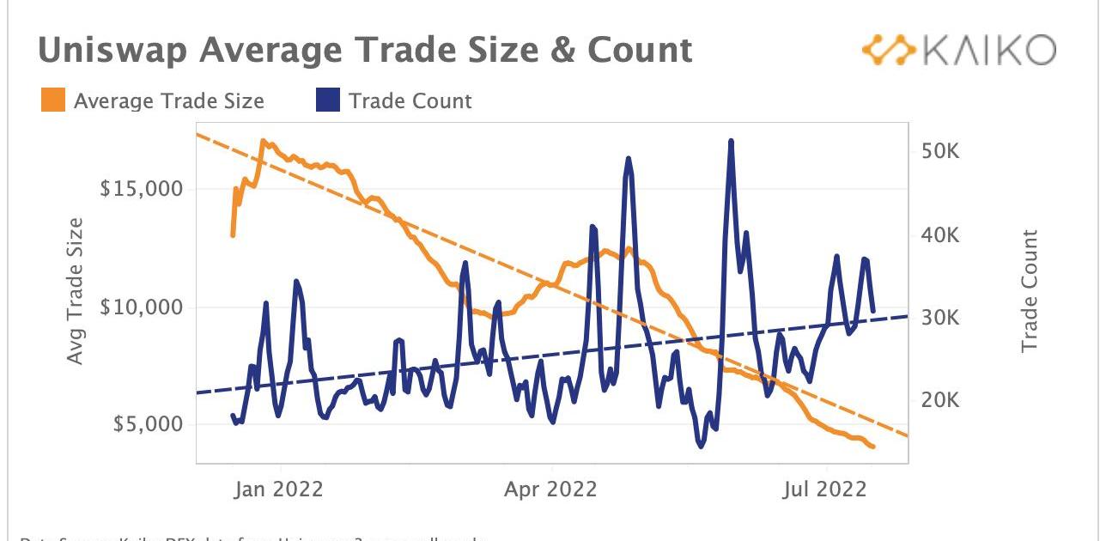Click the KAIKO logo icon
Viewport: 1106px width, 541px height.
pyautogui.click(x=889, y=51)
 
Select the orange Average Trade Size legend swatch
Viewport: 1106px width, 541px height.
pyautogui.click(x=52, y=100)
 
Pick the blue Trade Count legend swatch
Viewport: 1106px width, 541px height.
pyautogui.click(x=329, y=100)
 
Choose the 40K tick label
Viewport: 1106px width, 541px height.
pyautogui.click(x=940, y=234)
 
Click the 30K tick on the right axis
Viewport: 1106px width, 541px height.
pyautogui.click(x=940, y=318)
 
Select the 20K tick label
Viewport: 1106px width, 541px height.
pyautogui.click(x=940, y=401)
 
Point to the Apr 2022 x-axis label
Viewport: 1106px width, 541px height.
pyautogui.click(x=550, y=489)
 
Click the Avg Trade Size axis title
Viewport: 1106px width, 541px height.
pyautogui.click(x=76, y=290)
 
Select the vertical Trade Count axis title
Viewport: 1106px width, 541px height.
pyautogui.click(x=1030, y=290)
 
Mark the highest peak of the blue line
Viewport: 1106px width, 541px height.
pyautogui.click(x=731, y=141)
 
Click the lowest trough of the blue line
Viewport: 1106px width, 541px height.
pyautogui.click(x=701, y=447)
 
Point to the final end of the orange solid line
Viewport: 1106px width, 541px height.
pyautogui.click(x=873, y=447)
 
